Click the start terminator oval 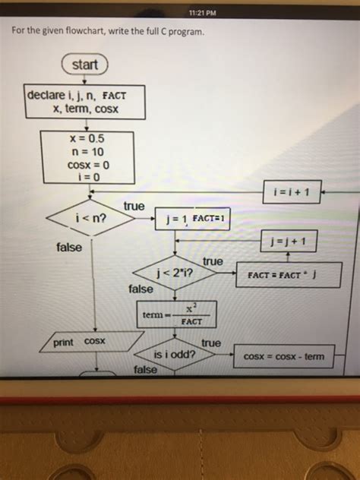coord(84,65)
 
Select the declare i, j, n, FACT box coord(85,103)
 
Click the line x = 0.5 coord(85,139)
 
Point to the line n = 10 coord(85,152)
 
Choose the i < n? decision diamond coord(90,220)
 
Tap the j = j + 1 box coord(289,242)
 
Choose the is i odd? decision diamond coord(175,355)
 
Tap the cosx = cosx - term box coord(283,356)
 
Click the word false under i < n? coord(69,248)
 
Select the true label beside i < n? coord(134,207)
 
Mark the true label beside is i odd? coord(210,343)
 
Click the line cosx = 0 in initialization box coord(89,165)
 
